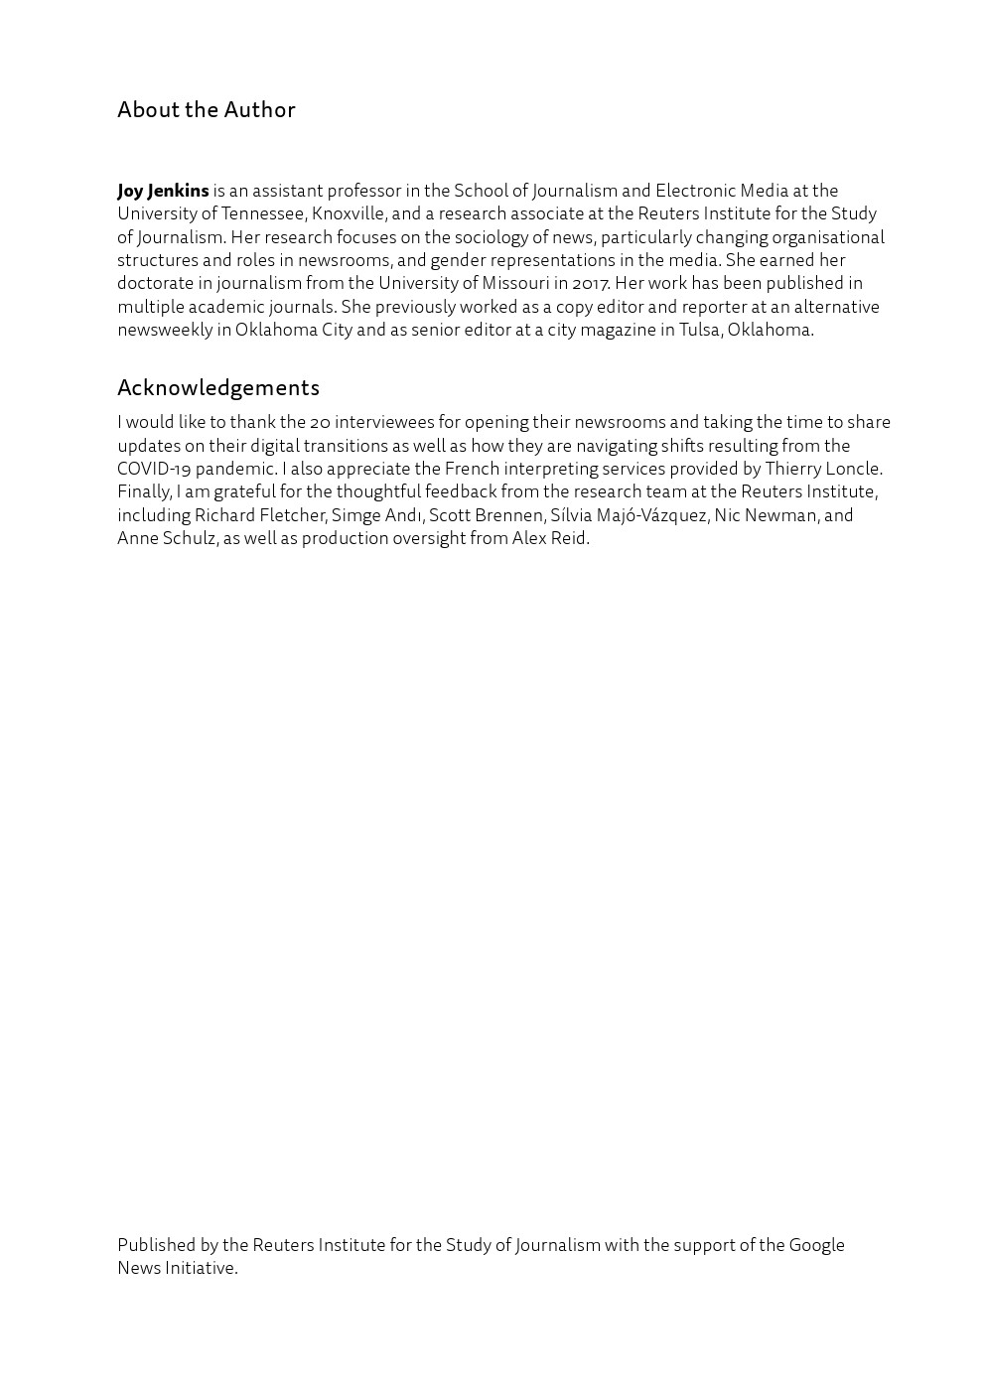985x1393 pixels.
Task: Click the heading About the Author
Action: coord(206,109)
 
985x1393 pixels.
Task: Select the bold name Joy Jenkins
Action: coord(163,191)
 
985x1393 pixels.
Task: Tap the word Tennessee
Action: coord(262,213)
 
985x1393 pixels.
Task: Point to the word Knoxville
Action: coord(348,213)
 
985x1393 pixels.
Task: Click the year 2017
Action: coord(590,283)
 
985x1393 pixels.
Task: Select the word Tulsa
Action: coord(699,330)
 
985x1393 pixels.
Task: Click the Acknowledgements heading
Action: coord(217,387)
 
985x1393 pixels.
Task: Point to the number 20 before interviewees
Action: coord(320,422)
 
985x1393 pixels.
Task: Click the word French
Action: coord(472,469)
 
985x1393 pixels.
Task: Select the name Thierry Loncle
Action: coord(822,469)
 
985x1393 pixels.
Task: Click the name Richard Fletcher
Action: coord(259,515)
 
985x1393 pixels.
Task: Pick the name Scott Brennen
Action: coord(486,515)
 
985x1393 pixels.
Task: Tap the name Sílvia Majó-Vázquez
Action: coord(629,515)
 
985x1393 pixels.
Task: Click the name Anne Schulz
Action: coord(166,538)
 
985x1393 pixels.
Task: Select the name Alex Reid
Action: coord(549,538)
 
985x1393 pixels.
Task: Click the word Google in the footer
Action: coord(816,1245)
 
